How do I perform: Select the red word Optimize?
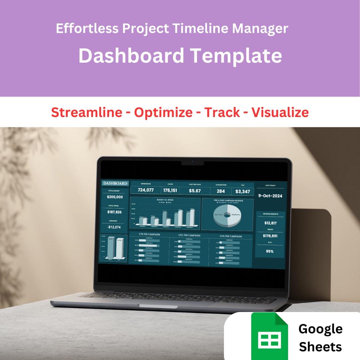click(x=163, y=112)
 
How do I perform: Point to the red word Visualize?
click(x=280, y=112)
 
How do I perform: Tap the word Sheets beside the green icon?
click(x=320, y=347)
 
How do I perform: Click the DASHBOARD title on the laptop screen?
click(x=115, y=183)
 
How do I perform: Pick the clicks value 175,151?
click(x=170, y=190)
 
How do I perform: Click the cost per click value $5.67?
click(x=195, y=191)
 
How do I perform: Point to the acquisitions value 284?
click(x=221, y=191)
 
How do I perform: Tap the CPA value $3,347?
click(x=242, y=191)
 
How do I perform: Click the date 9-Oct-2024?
click(x=270, y=196)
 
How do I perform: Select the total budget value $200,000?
click(x=115, y=197)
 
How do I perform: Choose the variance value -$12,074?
click(x=114, y=227)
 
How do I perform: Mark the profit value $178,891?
click(x=270, y=236)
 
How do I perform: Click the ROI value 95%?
click(x=270, y=251)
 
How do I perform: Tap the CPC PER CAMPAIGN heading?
click(x=187, y=236)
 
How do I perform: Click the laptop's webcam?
click(x=192, y=162)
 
